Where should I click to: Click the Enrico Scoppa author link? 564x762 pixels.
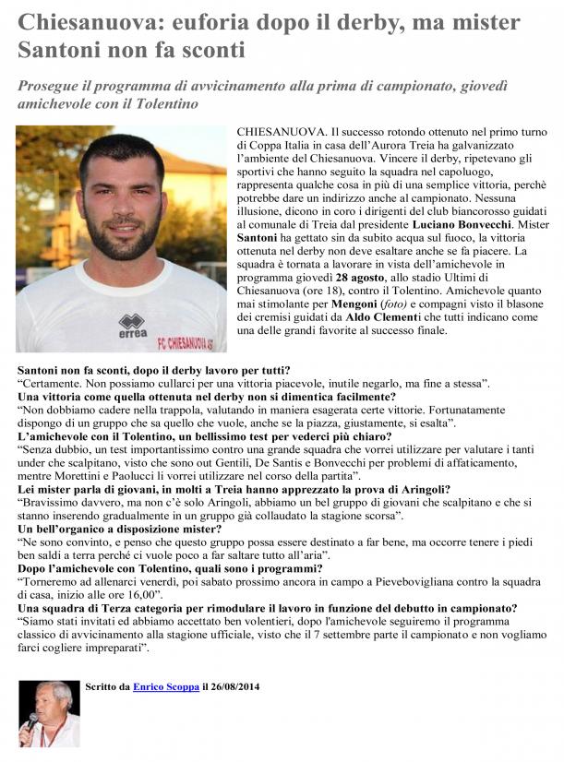[166, 687]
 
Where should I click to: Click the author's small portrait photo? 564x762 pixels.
[49, 713]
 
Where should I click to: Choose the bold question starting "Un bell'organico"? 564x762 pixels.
[120, 529]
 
